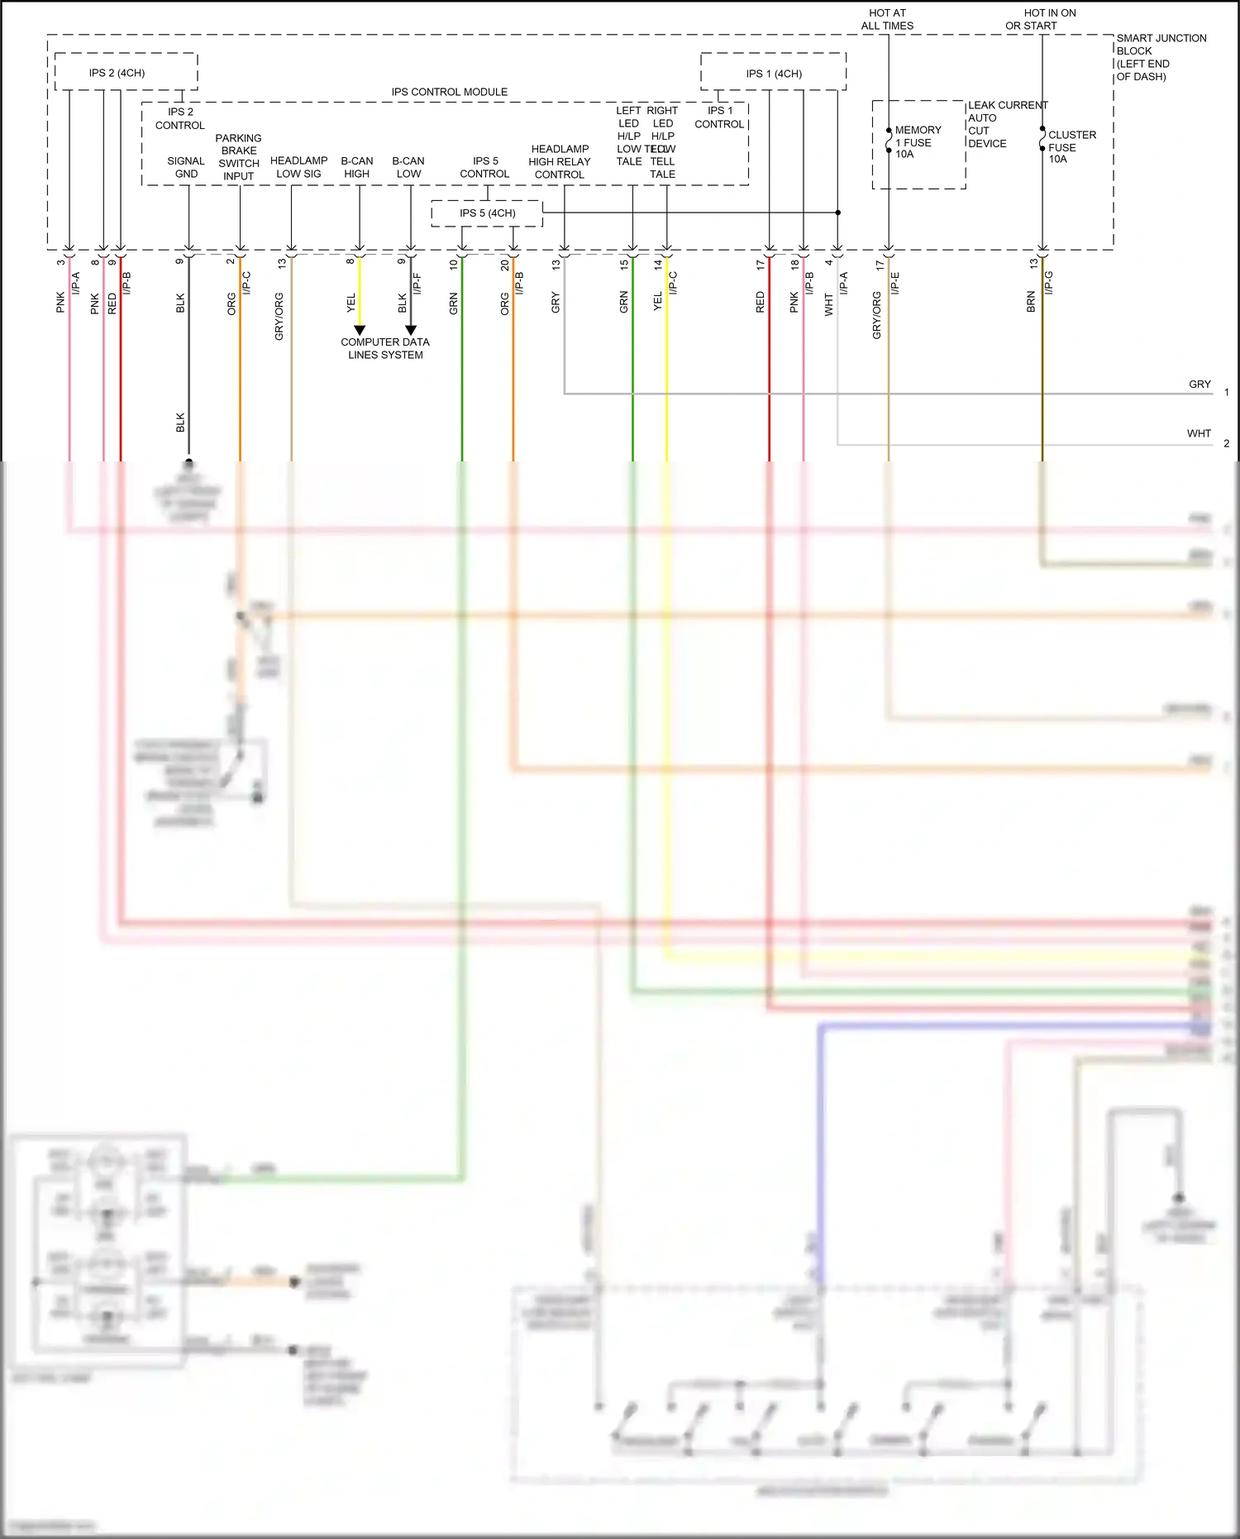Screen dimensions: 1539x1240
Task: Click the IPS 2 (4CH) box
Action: [x=126, y=73]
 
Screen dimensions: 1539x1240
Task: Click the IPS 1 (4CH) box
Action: [x=773, y=74]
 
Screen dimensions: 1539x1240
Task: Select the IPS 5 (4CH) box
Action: [x=487, y=213]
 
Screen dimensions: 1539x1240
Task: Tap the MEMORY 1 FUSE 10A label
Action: [x=917, y=142]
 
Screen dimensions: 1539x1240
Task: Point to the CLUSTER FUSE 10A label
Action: [x=1071, y=146]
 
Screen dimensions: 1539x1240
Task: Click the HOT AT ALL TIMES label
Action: [x=887, y=19]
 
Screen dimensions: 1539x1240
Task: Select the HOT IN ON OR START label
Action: [x=1040, y=19]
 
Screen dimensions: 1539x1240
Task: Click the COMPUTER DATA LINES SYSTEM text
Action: [x=385, y=348]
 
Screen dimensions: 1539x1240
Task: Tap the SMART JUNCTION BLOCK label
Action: [x=1161, y=57]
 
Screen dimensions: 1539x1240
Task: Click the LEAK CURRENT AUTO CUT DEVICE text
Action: [x=1006, y=124]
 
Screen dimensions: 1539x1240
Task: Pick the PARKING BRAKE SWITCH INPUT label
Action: [x=238, y=157]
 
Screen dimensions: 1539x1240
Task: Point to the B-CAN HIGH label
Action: [x=357, y=167]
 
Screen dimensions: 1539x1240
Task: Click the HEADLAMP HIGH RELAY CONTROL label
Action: [x=560, y=162]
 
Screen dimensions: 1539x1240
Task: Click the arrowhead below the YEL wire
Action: [x=360, y=330]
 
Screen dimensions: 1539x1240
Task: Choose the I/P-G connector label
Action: [x=1048, y=283]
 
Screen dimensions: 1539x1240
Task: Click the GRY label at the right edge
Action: [x=1199, y=385]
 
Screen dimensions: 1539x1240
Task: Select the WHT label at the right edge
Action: [x=1199, y=433]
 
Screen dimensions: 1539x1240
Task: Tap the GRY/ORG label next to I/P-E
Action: [x=876, y=315]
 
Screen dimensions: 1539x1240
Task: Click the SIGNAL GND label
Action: [x=186, y=167]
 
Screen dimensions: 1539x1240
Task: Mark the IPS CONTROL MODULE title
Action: [x=449, y=92]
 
